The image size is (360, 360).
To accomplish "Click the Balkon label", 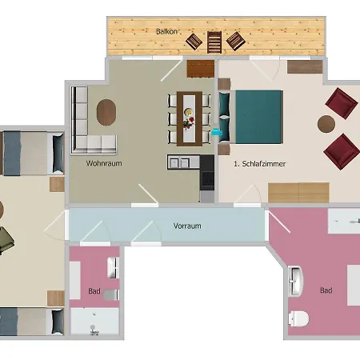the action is click(166, 31).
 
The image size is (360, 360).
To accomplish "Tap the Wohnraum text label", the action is click(104, 163).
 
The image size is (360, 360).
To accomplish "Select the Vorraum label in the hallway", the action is click(187, 226).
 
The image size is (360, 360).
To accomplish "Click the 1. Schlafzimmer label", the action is click(260, 164).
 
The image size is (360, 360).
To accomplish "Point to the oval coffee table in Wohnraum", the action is click(106, 112).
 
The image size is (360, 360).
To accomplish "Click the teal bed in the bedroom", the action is click(250, 118).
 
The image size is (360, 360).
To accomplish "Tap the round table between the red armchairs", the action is click(326, 124).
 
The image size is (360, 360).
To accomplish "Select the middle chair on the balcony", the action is click(214, 42).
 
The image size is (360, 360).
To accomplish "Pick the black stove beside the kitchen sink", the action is click(207, 172).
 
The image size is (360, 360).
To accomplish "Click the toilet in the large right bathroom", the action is click(298, 318).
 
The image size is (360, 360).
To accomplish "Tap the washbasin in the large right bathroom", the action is click(295, 281).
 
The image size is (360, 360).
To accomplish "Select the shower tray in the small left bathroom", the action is click(94, 321).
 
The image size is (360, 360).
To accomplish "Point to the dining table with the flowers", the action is click(190, 118).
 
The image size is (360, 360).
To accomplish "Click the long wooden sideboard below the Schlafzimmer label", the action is click(298, 193).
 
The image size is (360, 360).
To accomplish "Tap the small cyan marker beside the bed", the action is click(217, 132).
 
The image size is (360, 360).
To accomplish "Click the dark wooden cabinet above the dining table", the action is click(201, 69).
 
